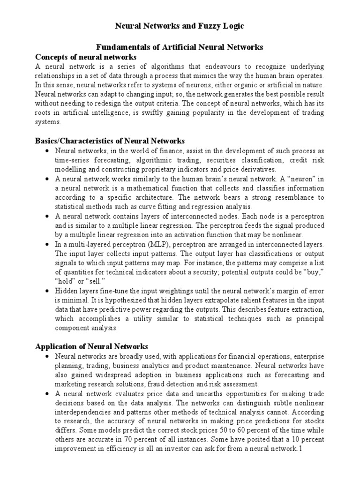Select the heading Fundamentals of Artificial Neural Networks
click(x=180, y=47)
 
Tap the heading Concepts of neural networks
click(x=86, y=57)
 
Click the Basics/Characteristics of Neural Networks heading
click(x=110, y=141)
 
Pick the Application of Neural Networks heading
click(x=92, y=346)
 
